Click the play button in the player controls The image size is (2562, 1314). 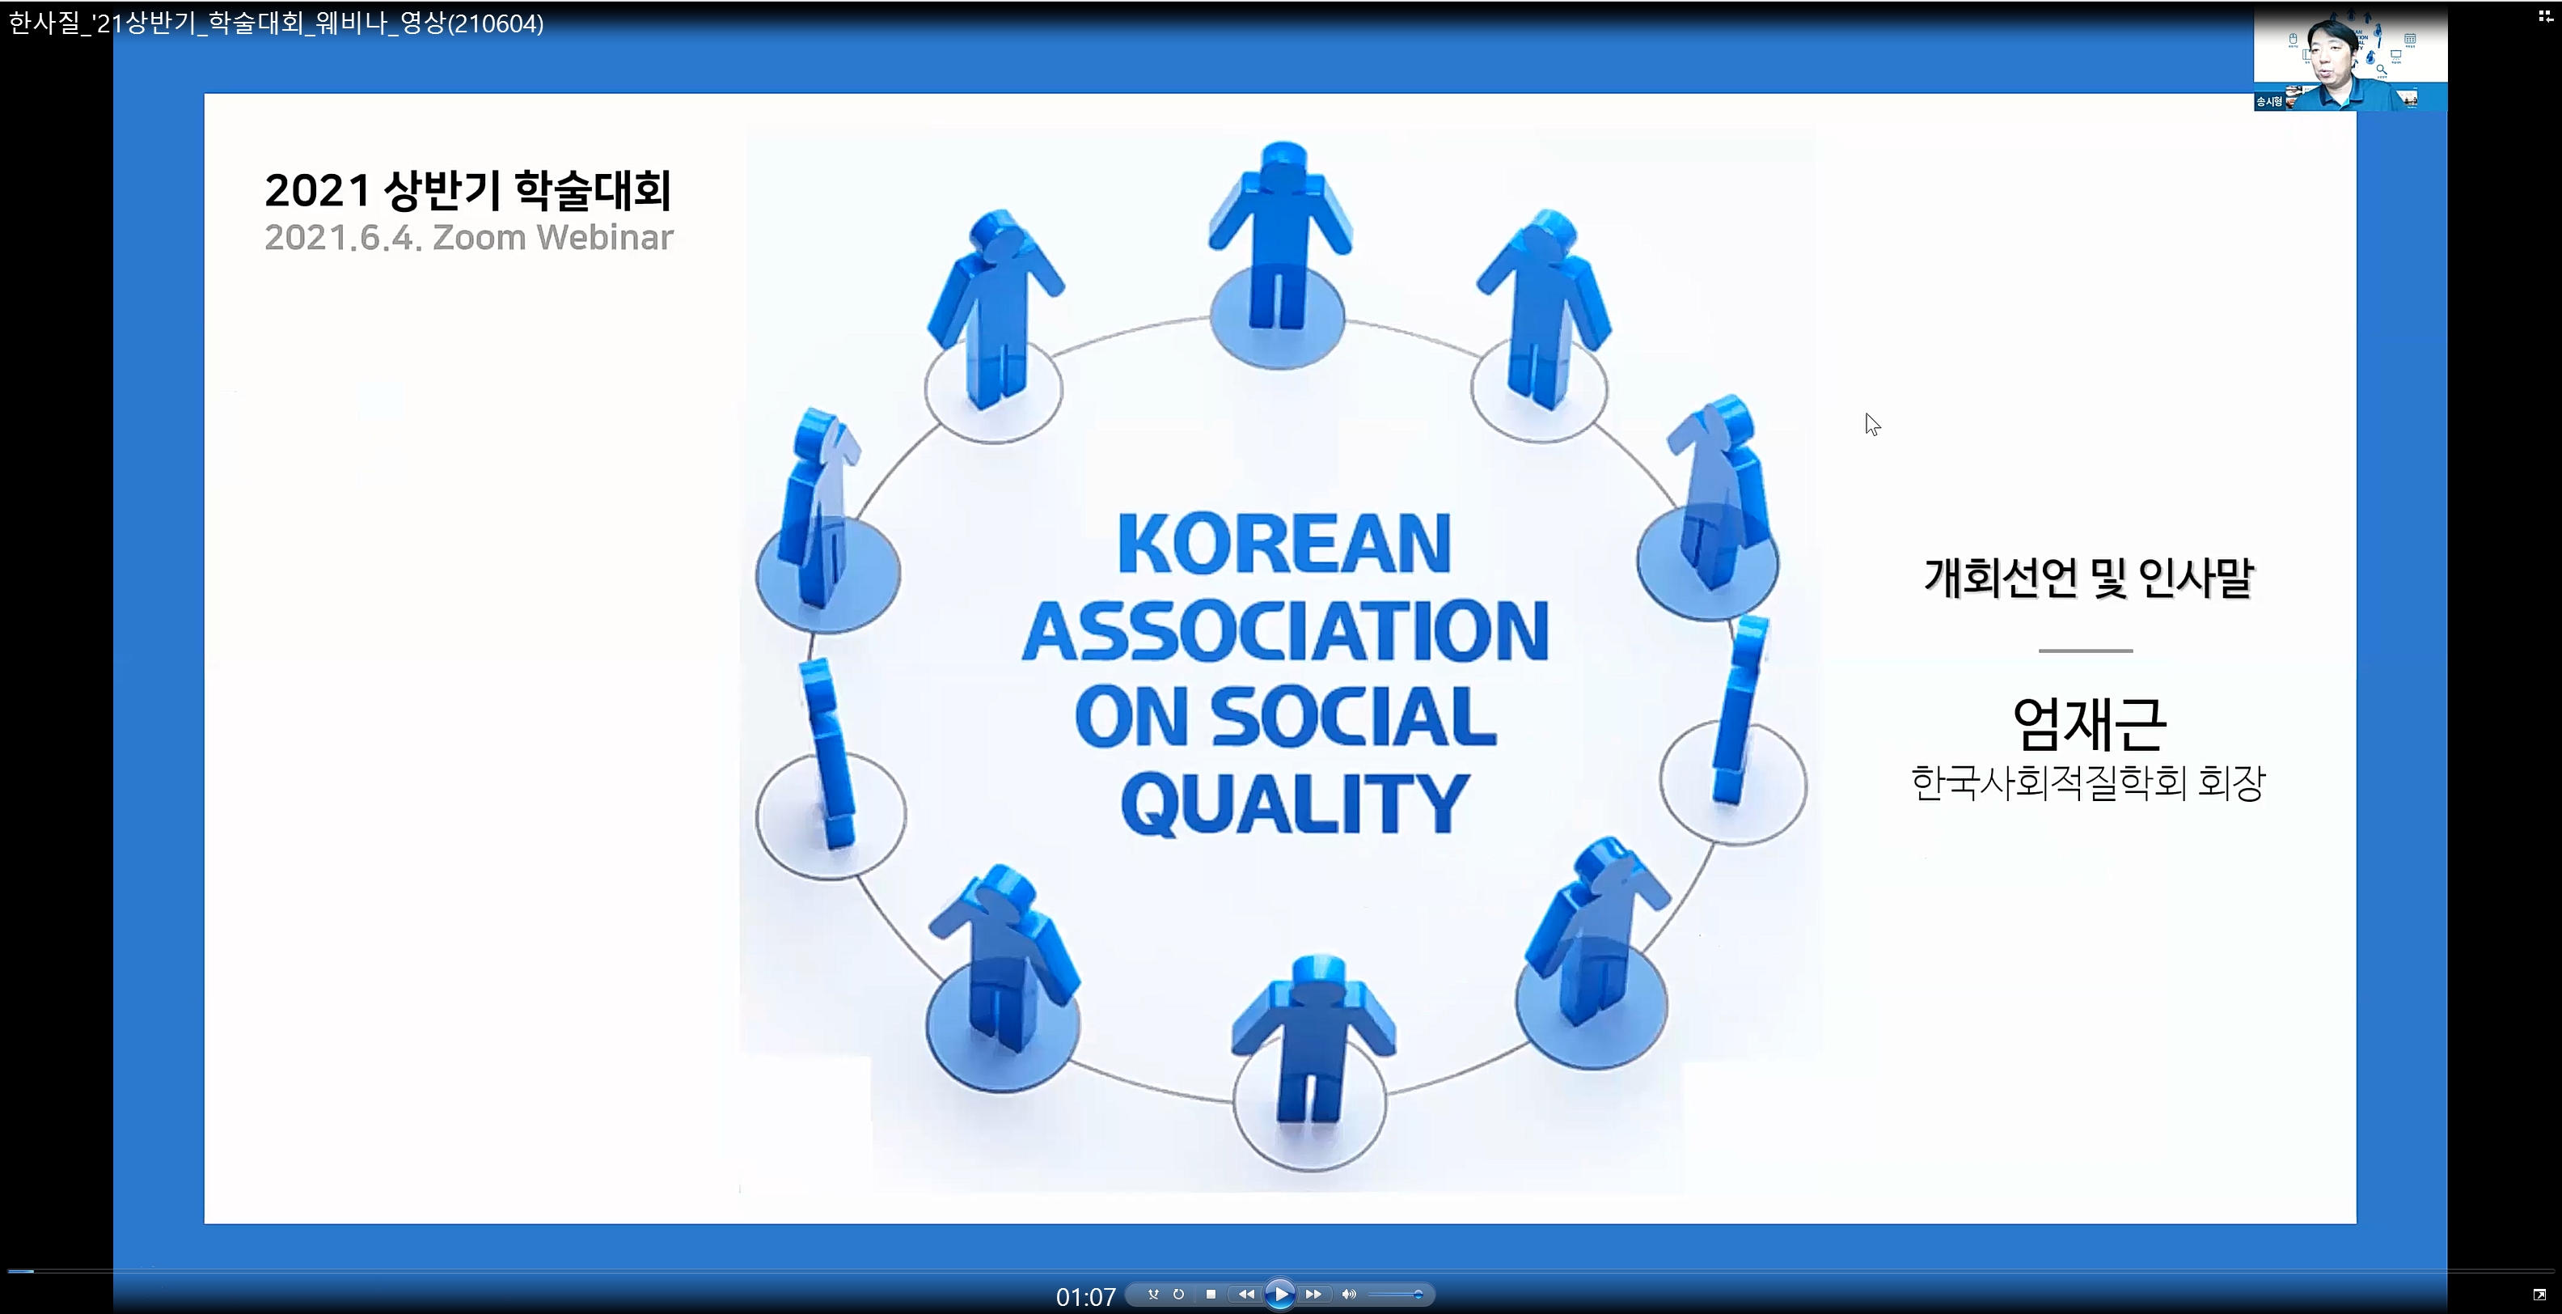1280,1294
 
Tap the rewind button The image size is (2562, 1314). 1245,1294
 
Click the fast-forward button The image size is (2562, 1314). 1313,1294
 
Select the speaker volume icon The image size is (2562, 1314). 1349,1294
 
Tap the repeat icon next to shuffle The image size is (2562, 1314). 1178,1294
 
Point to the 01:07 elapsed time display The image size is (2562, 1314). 1086,1297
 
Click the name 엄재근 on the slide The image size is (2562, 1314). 2089,723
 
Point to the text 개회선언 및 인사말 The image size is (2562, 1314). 2089,578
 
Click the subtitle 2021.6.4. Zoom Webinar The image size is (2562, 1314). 468,238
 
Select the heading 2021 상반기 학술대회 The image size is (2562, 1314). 468,190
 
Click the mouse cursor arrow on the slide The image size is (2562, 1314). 1872,424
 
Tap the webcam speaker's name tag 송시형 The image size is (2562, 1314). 2268,101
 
